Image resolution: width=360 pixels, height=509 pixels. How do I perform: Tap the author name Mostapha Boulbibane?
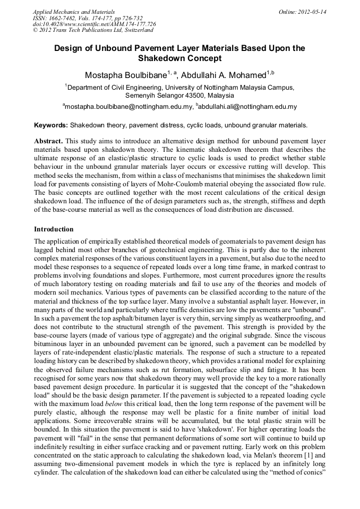pos(125,74)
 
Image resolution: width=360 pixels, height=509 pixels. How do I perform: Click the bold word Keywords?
pos(51,126)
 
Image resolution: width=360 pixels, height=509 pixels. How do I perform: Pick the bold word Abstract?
pos(48,142)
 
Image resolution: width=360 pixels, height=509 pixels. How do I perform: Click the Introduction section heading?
pos(54,229)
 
